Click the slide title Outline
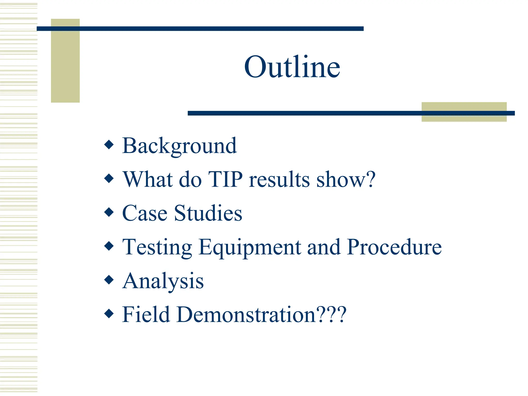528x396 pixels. [292, 67]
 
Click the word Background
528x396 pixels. [179, 146]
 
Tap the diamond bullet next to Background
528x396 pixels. [109, 145]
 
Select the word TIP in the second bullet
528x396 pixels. [225, 179]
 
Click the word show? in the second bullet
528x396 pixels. [346, 179]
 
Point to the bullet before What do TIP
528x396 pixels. [109, 178]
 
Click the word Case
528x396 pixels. [145, 213]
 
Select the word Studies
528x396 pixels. [208, 213]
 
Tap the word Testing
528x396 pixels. [157, 247]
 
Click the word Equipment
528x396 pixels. [250, 247]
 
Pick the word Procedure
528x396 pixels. [394, 247]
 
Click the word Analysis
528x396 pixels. [163, 281]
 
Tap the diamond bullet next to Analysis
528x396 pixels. [109, 280]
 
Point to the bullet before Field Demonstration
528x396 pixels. [109, 313]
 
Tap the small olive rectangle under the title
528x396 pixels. [464, 118]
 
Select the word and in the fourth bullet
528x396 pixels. [324, 247]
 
